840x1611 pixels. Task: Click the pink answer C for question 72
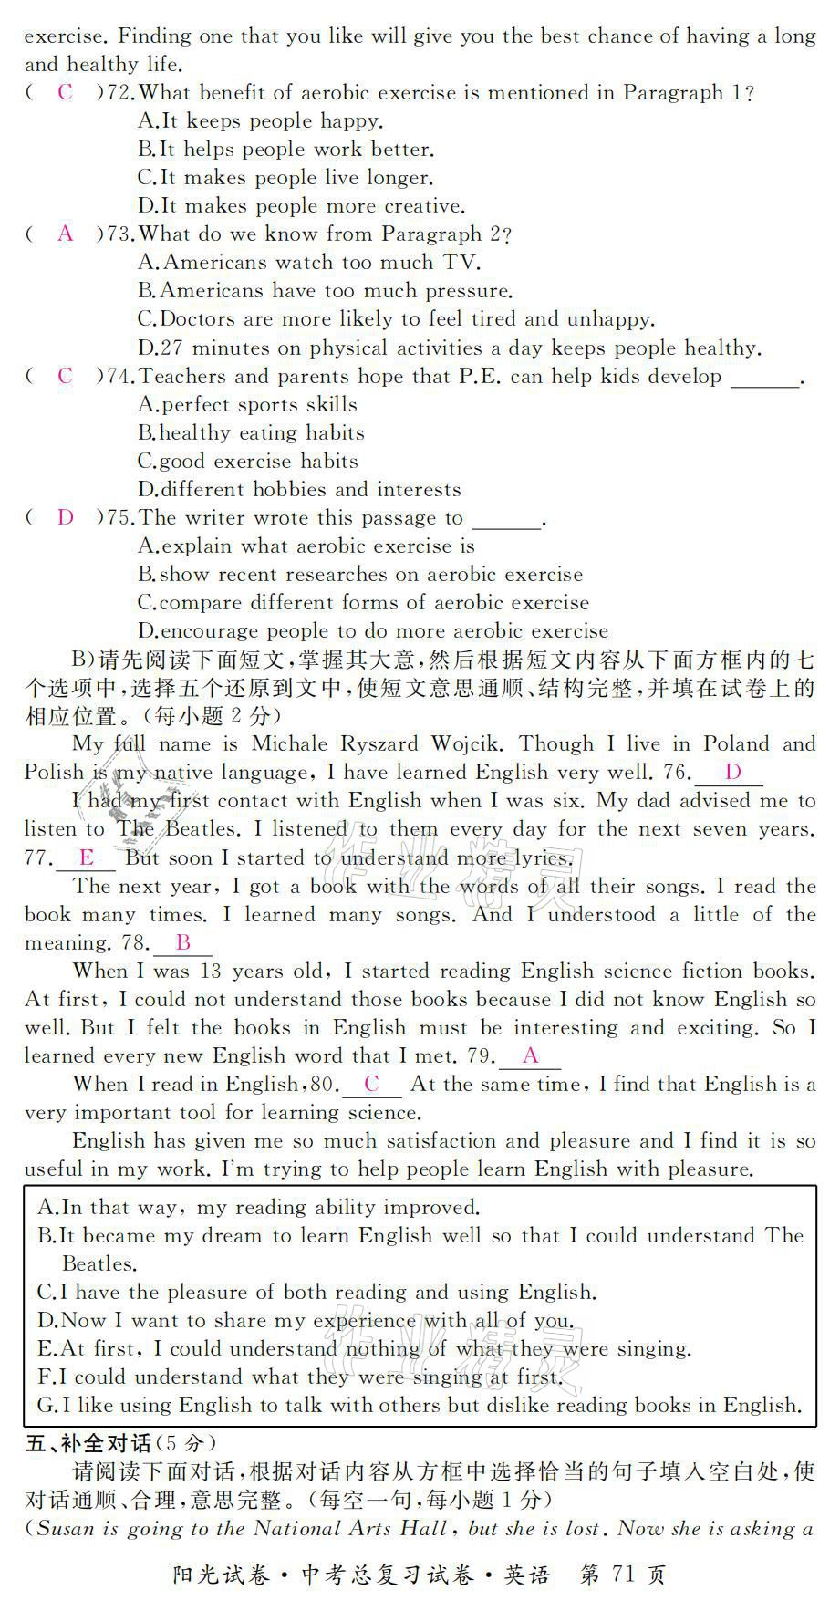(x=65, y=92)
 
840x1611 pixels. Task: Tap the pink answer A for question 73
(x=65, y=234)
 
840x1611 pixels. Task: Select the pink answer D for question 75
(x=65, y=518)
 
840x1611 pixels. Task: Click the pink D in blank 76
(x=732, y=773)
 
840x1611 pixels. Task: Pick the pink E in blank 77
(x=87, y=857)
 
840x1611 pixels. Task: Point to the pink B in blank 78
(x=182, y=942)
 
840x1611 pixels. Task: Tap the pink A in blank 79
(x=530, y=1056)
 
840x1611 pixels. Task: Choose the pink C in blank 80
(x=371, y=1085)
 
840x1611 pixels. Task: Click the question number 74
(x=120, y=377)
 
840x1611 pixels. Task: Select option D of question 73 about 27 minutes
(x=449, y=348)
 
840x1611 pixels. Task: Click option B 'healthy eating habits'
(x=251, y=433)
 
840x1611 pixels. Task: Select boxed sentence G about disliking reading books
(x=420, y=1406)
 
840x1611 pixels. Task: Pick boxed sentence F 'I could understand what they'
(x=301, y=1377)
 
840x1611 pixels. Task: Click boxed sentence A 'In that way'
(x=258, y=1208)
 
